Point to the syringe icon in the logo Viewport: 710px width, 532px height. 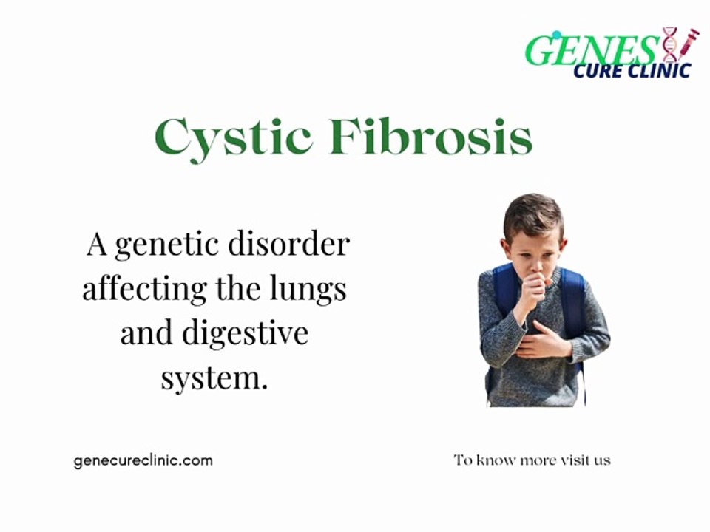tap(687, 43)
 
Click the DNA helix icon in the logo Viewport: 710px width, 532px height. tap(669, 44)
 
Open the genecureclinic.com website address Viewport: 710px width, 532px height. tap(143, 460)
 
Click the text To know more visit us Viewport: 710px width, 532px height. tap(532, 460)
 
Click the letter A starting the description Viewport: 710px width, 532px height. tap(96, 244)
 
